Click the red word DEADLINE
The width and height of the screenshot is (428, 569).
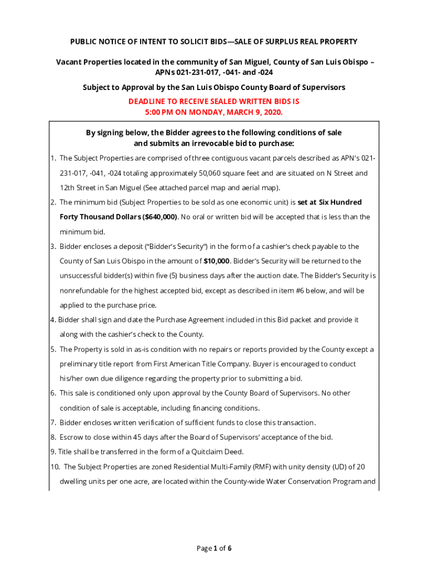point(147,102)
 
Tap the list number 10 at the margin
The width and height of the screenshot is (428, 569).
point(55,467)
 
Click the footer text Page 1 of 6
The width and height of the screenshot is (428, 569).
point(214,548)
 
